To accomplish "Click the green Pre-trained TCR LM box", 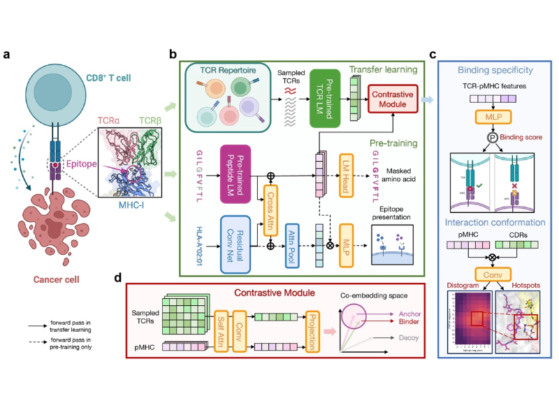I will point(324,98).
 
